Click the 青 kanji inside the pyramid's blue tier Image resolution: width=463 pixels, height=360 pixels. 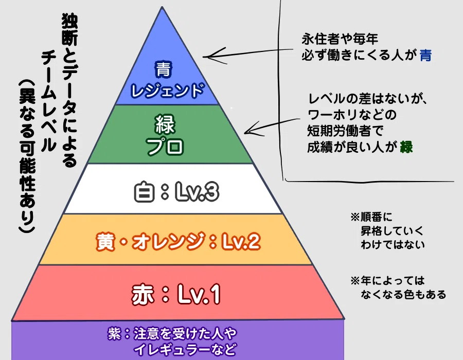163,69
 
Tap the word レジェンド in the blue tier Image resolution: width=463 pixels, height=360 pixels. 167,91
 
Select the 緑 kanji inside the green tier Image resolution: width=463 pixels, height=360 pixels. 165,124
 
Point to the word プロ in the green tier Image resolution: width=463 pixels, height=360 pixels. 165,146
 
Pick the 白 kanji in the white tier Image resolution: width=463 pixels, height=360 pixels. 145,192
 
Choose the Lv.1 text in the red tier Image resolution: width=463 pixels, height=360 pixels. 199,294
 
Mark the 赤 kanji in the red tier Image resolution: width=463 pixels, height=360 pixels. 143,294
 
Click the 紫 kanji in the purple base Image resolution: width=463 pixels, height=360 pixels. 114,334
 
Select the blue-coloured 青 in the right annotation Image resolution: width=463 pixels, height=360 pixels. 426,55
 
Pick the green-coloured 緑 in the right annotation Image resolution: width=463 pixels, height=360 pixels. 406,147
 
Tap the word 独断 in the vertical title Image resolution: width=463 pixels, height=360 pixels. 69,30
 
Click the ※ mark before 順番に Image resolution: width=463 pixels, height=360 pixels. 355,217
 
